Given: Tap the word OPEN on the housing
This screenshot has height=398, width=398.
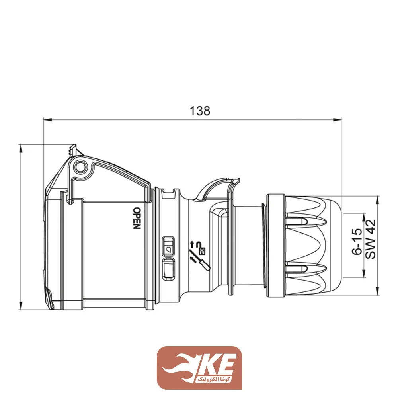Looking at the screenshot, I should pos(136,218).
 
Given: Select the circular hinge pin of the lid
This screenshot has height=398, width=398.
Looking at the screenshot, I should pos(81,166).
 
